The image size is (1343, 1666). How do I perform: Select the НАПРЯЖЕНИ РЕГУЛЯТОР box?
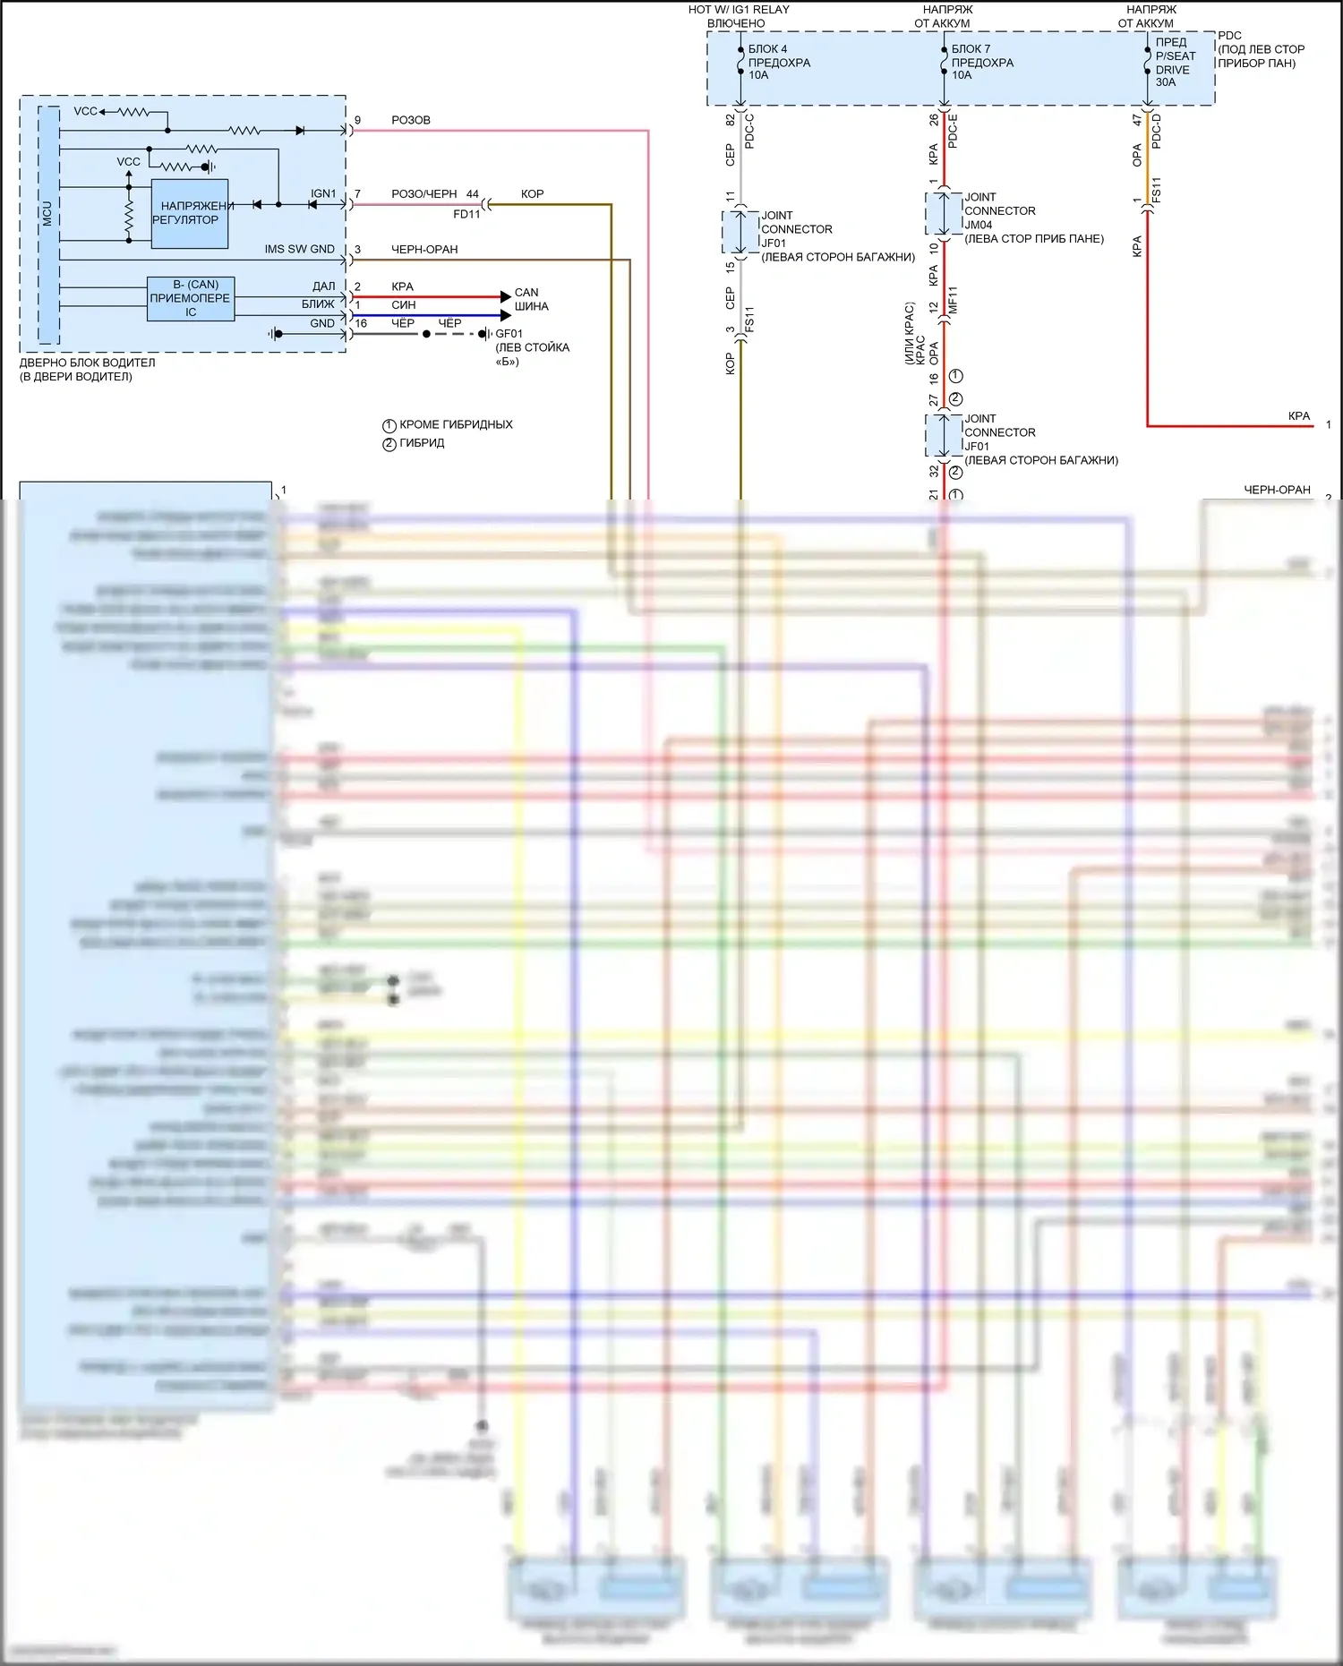click(x=190, y=213)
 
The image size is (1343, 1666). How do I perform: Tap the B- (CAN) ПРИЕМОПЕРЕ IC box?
click(x=191, y=298)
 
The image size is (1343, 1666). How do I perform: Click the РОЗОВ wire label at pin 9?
click(x=411, y=120)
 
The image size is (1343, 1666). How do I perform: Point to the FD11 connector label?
click(x=466, y=215)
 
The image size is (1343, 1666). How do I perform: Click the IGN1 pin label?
click(x=323, y=193)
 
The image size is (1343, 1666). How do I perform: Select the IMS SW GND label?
click(x=299, y=249)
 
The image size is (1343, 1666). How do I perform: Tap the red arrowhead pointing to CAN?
click(x=505, y=296)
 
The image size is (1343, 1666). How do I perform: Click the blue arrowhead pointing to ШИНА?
click(x=505, y=315)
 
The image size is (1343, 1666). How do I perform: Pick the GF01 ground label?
click(x=509, y=334)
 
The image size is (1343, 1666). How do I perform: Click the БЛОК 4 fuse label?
click(x=768, y=49)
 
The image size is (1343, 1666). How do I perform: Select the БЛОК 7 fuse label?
click(x=971, y=49)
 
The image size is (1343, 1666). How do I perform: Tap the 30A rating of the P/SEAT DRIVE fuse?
click(x=1166, y=82)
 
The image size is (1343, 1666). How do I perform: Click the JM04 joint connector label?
click(x=978, y=226)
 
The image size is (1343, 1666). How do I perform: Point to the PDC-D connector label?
click(x=1156, y=132)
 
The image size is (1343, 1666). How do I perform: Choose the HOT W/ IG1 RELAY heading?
click(x=739, y=10)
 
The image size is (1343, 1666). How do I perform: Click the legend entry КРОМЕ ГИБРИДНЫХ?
click(x=456, y=424)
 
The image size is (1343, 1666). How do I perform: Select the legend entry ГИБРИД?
click(x=422, y=443)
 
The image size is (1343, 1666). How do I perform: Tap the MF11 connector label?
click(x=953, y=299)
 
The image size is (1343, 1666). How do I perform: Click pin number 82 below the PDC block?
click(x=731, y=120)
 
